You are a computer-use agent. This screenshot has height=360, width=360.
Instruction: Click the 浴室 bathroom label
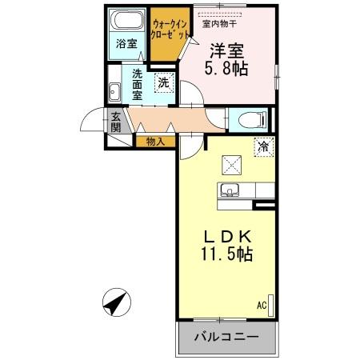point(126,42)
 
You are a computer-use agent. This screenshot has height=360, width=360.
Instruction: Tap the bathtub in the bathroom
point(126,20)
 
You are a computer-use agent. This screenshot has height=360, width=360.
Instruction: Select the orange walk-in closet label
point(170,31)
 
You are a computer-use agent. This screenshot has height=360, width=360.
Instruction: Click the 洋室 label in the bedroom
point(228,49)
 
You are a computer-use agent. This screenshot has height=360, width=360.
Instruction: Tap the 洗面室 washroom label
point(138,86)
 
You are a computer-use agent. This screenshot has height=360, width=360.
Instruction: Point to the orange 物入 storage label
point(155,142)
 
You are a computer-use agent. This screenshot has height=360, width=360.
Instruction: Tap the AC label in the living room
point(261,305)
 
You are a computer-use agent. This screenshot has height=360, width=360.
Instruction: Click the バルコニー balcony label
point(226,337)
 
